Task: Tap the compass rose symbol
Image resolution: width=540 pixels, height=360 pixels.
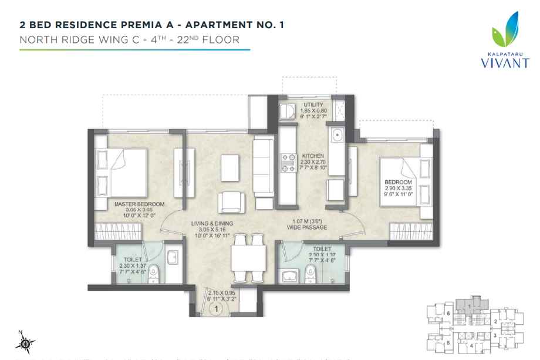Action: coord(26,342)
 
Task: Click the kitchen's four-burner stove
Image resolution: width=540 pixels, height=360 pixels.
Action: coord(288,163)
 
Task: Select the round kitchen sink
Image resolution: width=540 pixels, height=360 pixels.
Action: coord(338,136)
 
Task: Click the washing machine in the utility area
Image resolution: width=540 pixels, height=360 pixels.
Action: coord(288,112)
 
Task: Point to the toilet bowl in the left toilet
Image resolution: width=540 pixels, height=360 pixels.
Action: coord(153,271)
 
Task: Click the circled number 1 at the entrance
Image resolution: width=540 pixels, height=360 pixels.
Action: coord(217,306)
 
